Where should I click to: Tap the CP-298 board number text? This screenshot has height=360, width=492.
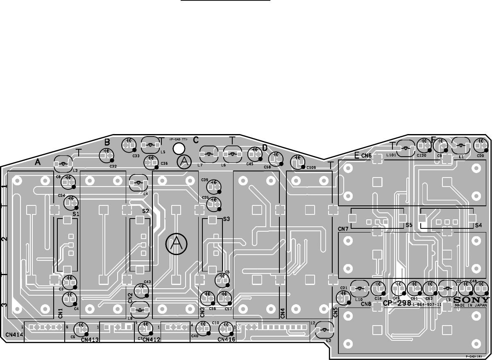[x=397, y=303]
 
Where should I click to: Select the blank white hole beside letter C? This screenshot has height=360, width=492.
[x=179, y=148]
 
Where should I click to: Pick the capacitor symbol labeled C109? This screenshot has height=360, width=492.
[x=297, y=162]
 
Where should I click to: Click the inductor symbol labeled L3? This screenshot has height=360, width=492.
[x=63, y=164]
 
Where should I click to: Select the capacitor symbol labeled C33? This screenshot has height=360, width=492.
[x=129, y=144]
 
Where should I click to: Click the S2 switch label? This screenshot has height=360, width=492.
[x=145, y=211]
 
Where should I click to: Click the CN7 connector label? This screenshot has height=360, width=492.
[x=343, y=228]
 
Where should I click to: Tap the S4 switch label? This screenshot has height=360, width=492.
[x=479, y=226]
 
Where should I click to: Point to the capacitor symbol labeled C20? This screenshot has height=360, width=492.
[x=481, y=145]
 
